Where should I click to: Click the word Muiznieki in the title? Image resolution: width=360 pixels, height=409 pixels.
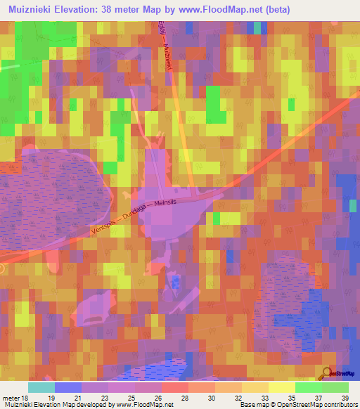click(x=32, y=9)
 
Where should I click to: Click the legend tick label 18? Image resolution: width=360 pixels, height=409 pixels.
click(x=25, y=397)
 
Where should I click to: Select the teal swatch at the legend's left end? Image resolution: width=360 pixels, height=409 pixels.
click(x=41, y=387)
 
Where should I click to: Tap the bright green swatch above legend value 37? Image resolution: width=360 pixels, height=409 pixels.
click(x=308, y=387)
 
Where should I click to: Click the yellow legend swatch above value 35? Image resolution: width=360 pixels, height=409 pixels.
click(x=281, y=387)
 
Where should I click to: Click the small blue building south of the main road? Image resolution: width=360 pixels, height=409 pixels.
click(x=176, y=283)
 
